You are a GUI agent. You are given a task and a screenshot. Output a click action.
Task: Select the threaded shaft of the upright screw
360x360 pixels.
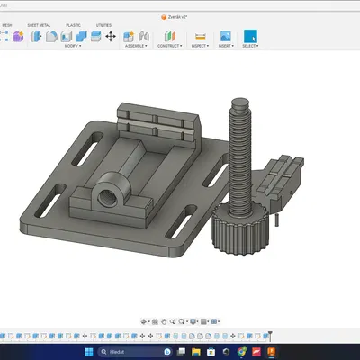click(242, 162)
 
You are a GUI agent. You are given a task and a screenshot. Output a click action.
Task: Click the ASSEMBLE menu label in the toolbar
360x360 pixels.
click(136, 45)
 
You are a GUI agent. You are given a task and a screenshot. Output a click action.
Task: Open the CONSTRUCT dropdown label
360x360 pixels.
click(169, 45)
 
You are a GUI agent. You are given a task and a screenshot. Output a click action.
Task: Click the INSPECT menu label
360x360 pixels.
click(200, 45)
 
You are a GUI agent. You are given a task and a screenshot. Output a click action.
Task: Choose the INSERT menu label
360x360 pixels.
click(225, 45)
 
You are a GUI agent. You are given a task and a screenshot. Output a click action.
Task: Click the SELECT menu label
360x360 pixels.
click(249, 45)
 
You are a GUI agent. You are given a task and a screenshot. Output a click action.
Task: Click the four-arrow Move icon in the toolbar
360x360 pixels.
click(110, 37)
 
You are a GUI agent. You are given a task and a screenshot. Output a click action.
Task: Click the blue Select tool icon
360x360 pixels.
click(249, 36)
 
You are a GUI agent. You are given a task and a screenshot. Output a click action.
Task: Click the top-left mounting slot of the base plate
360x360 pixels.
click(93, 140)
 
